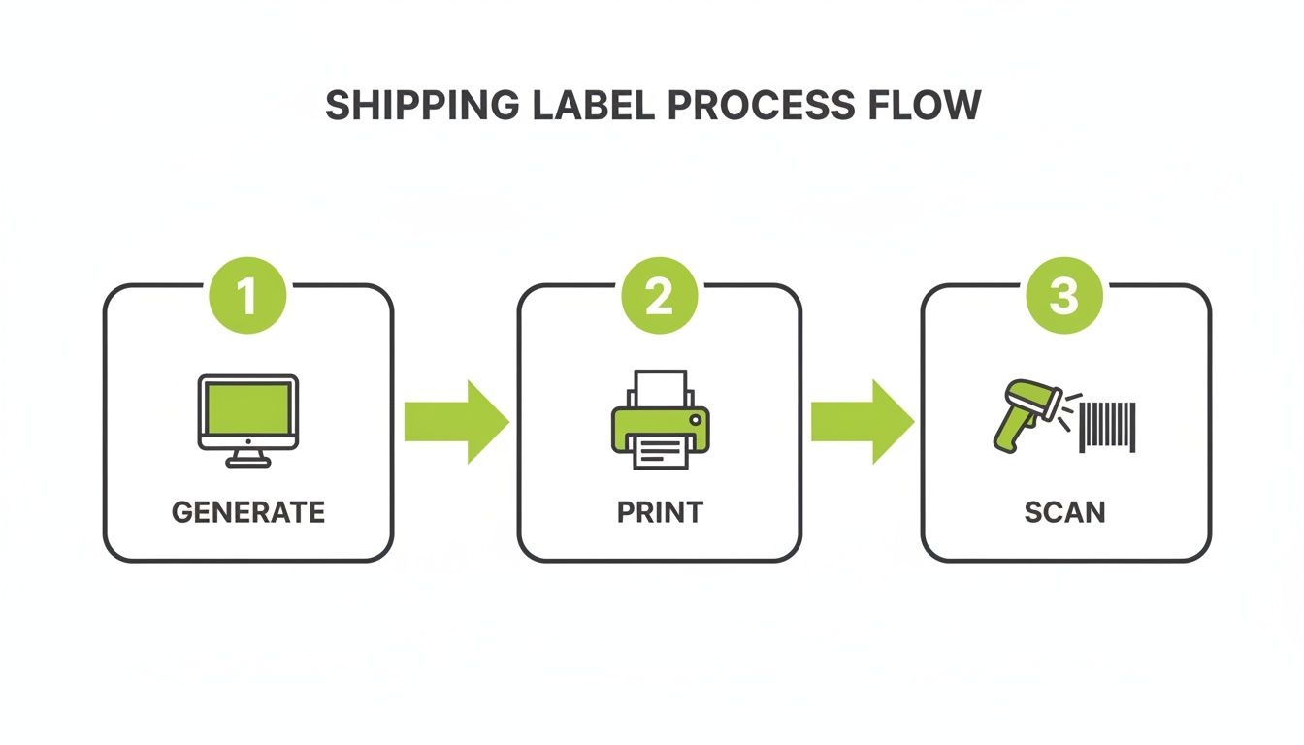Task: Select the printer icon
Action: (660, 420)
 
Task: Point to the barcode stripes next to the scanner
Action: (1107, 428)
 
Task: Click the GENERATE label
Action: (247, 512)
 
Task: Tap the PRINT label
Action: (660, 512)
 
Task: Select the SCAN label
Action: (1064, 512)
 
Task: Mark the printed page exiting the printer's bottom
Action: (660, 453)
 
